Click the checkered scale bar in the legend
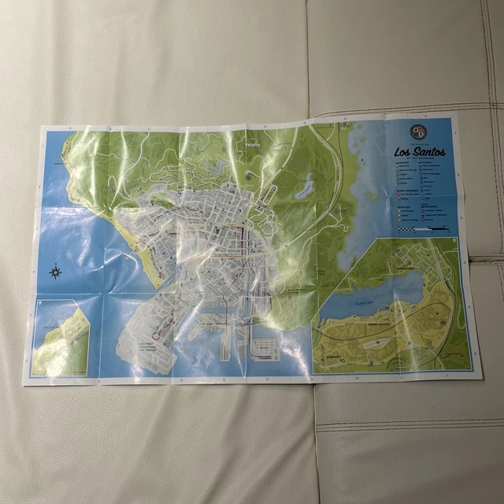425,229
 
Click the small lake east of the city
305,187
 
